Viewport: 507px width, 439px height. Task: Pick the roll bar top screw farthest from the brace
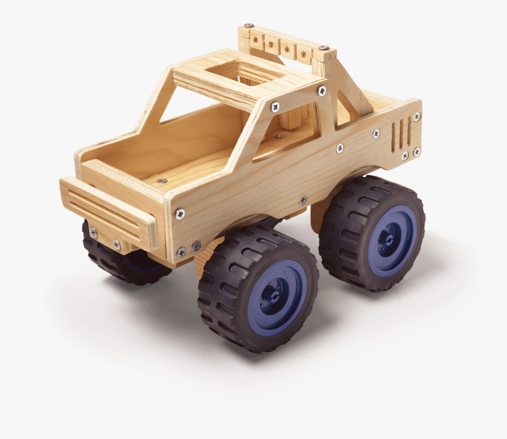click(x=248, y=26)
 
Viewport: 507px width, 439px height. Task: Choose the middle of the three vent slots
click(x=401, y=134)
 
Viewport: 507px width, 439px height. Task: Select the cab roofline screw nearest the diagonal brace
click(x=322, y=90)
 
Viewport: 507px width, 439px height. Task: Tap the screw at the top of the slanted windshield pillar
click(x=275, y=106)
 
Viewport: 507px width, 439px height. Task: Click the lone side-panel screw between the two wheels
click(x=303, y=199)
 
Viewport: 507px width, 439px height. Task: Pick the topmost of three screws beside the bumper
click(x=180, y=214)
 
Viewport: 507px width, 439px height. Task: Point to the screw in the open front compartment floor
click(x=162, y=181)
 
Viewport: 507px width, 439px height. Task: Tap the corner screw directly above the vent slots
click(x=416, y=117)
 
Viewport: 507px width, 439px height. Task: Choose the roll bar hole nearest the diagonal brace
click(x=304, y=55)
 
